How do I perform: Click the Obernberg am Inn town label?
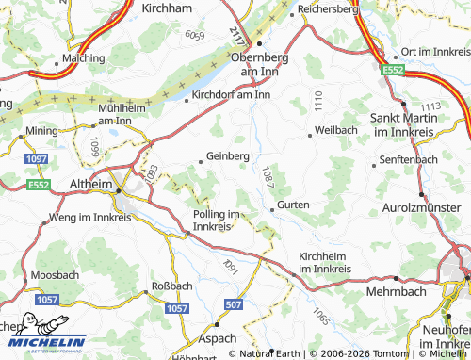pyautogui.click(x=258, y=64)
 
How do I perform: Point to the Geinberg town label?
pyautogui.click(x=227, y=156)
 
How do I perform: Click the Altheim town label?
pyautogui.click(x=91, y=183)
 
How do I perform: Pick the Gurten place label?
pyautogui.click(x=293, y=204)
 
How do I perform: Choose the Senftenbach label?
pyautogui.click(x=410, y=160)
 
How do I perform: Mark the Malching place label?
pyautogui.click(x=85, y=57)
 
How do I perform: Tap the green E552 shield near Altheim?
pyautogui.click(x=39, y=185)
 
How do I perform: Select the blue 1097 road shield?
pyautogui.click(x=37, y=161)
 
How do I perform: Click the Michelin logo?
pyautogui.click(x=43, y=343)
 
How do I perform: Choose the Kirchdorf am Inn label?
pyautogui.click(x=231, y=94)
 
